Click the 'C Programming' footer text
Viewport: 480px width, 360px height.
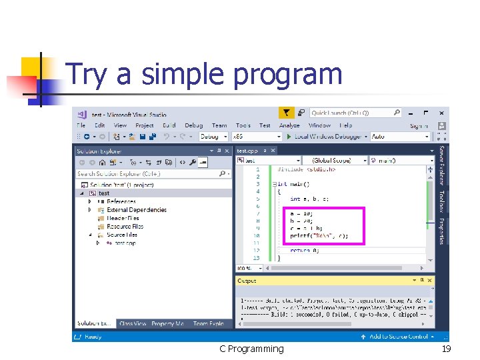(251, 349)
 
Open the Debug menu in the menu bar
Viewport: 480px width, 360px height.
(193, 125)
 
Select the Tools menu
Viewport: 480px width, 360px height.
(243, 125)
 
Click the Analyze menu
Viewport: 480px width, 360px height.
(289, 125)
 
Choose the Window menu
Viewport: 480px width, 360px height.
(319, 125)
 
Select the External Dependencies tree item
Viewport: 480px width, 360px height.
(137, 209)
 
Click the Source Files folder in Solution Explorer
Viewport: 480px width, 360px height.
(122, 235)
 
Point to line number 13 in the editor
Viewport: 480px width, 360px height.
(257, 257)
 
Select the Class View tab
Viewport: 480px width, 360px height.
(133, 324)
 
